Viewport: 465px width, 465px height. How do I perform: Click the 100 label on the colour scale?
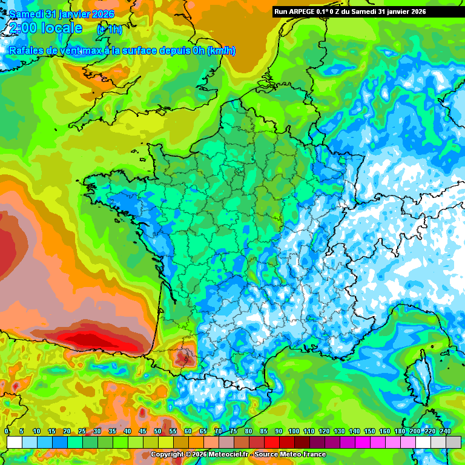[x=294, y=431]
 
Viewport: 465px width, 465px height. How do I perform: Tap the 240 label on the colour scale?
[x=445, y=431]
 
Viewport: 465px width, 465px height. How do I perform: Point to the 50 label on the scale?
[x=157, y=431]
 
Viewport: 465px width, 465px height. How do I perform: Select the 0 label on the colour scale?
[x=7, y=431]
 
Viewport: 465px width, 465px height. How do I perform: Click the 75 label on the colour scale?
[x=233, y=431]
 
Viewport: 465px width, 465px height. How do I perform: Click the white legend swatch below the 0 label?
[x=15, y=443]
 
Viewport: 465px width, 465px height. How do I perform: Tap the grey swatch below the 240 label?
[x=453, y=443]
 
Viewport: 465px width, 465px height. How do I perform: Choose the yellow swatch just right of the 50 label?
[x=166, y=443]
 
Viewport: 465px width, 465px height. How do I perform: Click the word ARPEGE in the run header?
[x=302, y=12]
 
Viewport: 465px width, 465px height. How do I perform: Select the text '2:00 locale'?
[x=45, y=28]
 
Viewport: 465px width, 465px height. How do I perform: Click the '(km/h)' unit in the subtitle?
[x=221, y=51]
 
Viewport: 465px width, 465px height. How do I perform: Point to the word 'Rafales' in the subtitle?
[x=25, y=51]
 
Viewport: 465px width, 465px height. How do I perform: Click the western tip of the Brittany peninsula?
[x=85, y=180]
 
